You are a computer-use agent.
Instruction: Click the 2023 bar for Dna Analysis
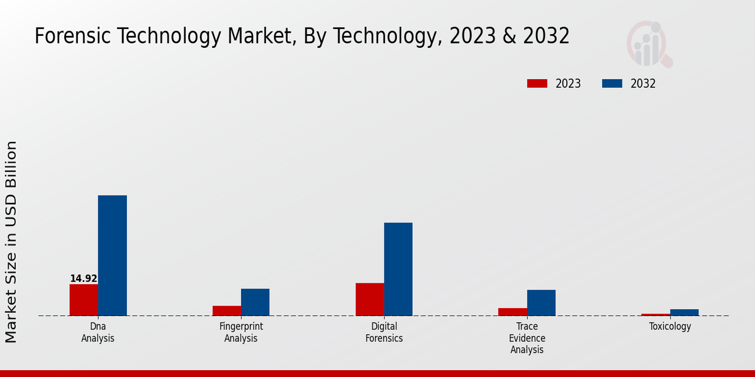84,300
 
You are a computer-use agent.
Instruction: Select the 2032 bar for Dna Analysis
112,256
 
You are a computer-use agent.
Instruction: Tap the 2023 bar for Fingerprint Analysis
226,310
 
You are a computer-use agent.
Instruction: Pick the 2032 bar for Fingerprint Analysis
255,302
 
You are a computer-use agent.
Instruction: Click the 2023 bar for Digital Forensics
370,299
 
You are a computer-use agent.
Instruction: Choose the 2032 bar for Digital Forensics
398,269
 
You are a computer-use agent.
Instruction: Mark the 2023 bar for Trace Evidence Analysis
513,312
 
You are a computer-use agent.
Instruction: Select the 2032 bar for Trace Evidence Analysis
541,303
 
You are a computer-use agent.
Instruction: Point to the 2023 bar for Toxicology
656,314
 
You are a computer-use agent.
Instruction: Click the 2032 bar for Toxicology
684,312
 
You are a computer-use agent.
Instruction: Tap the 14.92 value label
84,278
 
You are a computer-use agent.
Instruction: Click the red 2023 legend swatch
537,84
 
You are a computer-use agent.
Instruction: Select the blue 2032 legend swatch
612,84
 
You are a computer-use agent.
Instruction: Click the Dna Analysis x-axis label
98,332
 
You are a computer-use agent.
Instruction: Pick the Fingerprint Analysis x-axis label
241,332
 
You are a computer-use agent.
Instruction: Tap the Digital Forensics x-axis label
384,332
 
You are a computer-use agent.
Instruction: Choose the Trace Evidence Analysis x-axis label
527,338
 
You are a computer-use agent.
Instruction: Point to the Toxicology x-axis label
670,327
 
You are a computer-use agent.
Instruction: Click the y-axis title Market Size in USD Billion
11,242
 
